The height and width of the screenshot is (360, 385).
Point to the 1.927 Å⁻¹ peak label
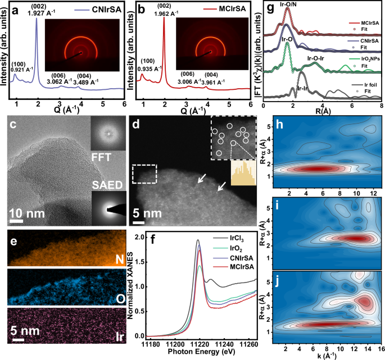coord(38,12)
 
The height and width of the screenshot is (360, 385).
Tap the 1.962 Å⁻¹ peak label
coord(165,12)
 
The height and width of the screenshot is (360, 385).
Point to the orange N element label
coord(123,258)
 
